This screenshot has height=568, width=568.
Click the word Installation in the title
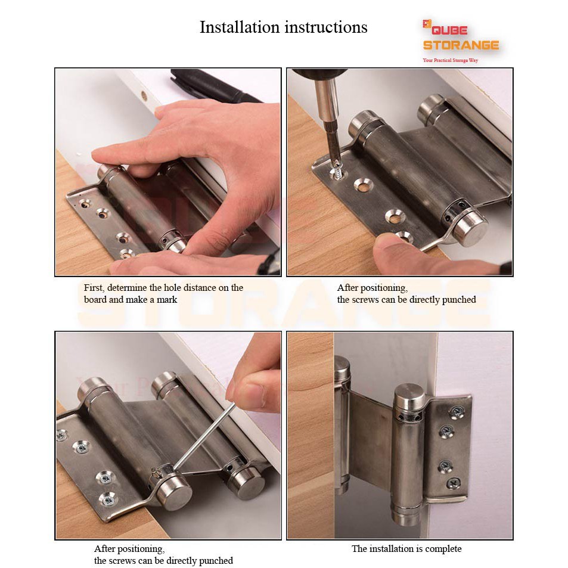coord(240,27)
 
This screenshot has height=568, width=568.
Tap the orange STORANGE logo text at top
coord(461,45)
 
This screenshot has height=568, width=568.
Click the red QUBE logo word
coord(449,30)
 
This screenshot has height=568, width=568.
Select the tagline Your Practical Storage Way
coord(450,60)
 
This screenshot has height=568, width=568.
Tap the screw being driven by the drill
coord(337,171)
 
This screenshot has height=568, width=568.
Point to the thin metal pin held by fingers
coord(202,439)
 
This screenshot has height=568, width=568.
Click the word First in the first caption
coord(94,288)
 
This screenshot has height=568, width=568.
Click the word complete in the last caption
coord(443,549)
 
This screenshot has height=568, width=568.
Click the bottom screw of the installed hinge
coord(454,483)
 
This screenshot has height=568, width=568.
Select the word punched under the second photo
coord(460,300)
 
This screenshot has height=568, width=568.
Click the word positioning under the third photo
coord(141,549)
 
